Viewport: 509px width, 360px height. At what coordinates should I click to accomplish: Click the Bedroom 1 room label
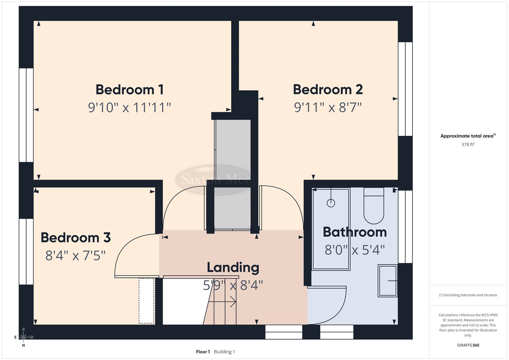point(129,90)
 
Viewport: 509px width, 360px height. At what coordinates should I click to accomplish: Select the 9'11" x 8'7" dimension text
point(328,107)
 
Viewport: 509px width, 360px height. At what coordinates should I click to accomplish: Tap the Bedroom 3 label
point(76,238)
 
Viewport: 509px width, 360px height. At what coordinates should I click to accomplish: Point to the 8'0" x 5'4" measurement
point(355,250)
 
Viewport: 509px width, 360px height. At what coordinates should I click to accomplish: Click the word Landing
point(233,267)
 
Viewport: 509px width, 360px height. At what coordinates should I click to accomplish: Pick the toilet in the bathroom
point(374,206)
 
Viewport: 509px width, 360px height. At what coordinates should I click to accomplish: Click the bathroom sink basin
point(388,281)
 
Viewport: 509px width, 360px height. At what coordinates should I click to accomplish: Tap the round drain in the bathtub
point(331,203)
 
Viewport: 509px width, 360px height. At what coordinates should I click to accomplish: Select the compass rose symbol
point(23,337)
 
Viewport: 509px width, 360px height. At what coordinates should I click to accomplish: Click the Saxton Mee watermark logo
point(216,179)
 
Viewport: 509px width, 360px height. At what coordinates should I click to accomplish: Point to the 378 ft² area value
point(468,145)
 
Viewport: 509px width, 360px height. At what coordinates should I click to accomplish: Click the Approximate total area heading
point(468,136)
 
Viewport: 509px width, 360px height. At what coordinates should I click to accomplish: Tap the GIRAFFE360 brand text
point(468,345)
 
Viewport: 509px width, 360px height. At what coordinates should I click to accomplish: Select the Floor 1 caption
point(203,352)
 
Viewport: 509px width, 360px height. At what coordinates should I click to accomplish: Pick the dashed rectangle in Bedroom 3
point(147,301)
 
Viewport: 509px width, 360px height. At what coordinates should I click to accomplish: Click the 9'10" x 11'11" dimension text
point(129,108)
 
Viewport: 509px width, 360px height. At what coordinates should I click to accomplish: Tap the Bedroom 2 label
point(328,89)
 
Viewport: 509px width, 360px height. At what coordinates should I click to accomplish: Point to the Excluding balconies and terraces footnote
point(468,295)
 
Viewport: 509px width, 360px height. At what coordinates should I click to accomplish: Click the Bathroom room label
point(355,232)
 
